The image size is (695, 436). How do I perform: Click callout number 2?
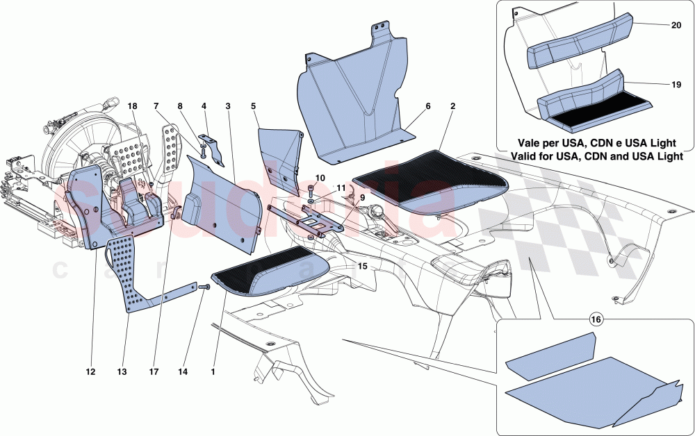click(x=452, y=106)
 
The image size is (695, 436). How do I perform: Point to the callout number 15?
click(x=361, y=265)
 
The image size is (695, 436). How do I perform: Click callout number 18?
click(x=133, y=106)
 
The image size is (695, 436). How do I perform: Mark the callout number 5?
click(x=254, y=106)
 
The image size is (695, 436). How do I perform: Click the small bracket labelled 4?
click(x=214, y=150)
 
